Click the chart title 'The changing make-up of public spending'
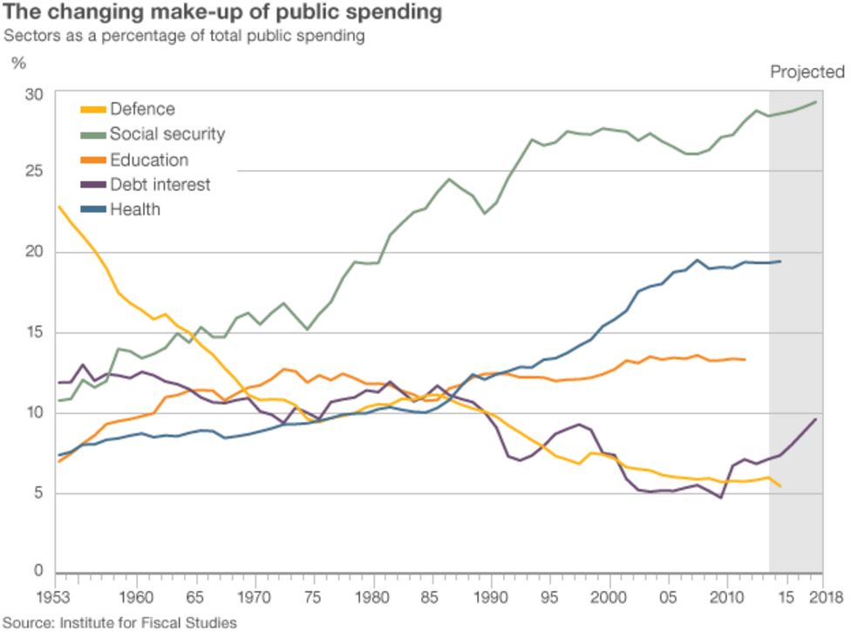pos(222,13)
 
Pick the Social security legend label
pos(167,134)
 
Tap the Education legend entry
pos(148,160)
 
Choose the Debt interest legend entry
pos(160,185)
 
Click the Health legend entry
pos(134,210)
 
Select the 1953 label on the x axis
pos(56,598)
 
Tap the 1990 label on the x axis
pos(492,598)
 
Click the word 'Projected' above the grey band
pos(807,72)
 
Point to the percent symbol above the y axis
pos(18,64)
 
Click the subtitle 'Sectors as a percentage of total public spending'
pos(183,37)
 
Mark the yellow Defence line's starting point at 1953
pos(58,207)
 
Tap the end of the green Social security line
pos(816,102)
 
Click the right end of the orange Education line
pos(745,359)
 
